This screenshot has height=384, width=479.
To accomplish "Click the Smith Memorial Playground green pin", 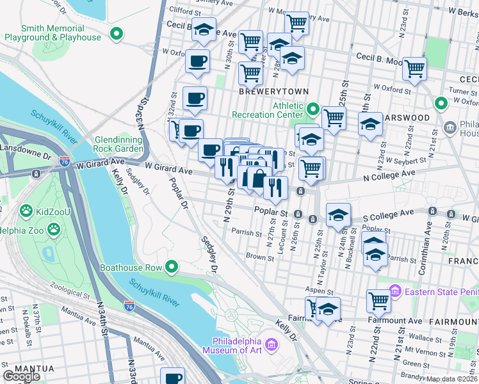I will pos(117,33).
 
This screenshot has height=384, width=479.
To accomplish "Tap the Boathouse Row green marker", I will pos(171,267).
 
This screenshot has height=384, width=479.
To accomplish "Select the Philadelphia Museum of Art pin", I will pos(272,346).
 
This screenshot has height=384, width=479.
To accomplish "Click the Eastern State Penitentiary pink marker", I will pos(394,292).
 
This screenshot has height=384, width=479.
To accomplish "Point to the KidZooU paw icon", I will pos(26,210).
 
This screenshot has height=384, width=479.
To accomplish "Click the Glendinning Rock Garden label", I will pos(119,145).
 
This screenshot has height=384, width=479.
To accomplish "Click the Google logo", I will pos(22,376).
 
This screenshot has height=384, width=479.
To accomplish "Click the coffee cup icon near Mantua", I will pos(172,376).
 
